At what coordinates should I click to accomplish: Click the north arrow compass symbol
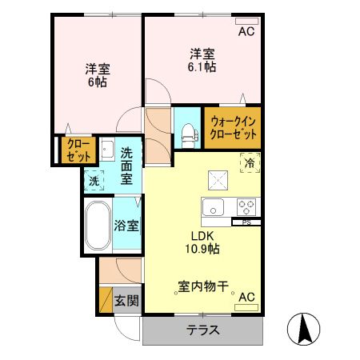click(305, 329)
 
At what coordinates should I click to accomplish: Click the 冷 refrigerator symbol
click(250, 162)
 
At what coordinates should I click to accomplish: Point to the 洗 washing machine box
click(94, 182)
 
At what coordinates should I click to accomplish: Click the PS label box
click(246, 222)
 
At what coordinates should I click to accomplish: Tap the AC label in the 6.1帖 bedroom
click(246, 32)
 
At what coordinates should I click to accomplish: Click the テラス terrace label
click(203, 330)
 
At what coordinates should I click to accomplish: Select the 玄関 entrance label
click(126, 301)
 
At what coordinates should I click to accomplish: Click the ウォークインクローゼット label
click(232, 128)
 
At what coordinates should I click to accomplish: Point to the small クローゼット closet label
click(78, 150)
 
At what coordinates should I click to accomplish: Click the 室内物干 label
click(203, 285)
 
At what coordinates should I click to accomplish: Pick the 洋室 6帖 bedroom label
click(98, 74)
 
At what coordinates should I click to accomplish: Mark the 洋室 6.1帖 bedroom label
click(201, 61)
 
